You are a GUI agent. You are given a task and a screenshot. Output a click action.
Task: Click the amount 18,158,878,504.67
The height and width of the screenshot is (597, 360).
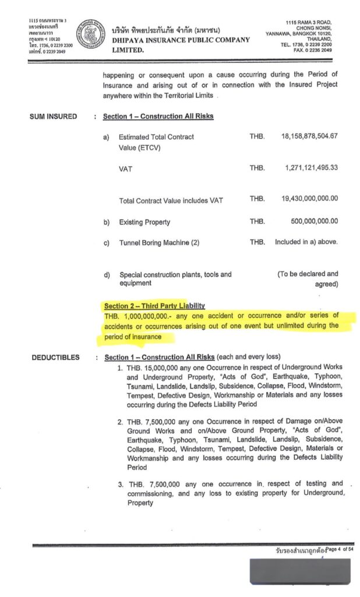309,136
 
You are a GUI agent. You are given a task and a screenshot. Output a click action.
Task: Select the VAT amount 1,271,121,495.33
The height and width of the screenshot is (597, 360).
312,168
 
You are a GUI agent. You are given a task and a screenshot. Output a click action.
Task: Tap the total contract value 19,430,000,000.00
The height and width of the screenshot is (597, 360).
309,199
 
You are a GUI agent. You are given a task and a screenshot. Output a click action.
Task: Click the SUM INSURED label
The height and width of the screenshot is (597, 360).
53,117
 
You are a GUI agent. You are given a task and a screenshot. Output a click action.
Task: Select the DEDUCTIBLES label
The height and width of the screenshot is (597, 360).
55,357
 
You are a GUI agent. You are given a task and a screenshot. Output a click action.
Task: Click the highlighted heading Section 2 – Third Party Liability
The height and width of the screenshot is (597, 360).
154,305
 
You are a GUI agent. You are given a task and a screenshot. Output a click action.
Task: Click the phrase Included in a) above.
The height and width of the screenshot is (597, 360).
306,242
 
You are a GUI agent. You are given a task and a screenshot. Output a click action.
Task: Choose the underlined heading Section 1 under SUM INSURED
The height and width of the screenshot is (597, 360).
158,117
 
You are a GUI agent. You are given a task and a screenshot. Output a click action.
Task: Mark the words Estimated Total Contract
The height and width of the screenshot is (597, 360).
156,137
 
